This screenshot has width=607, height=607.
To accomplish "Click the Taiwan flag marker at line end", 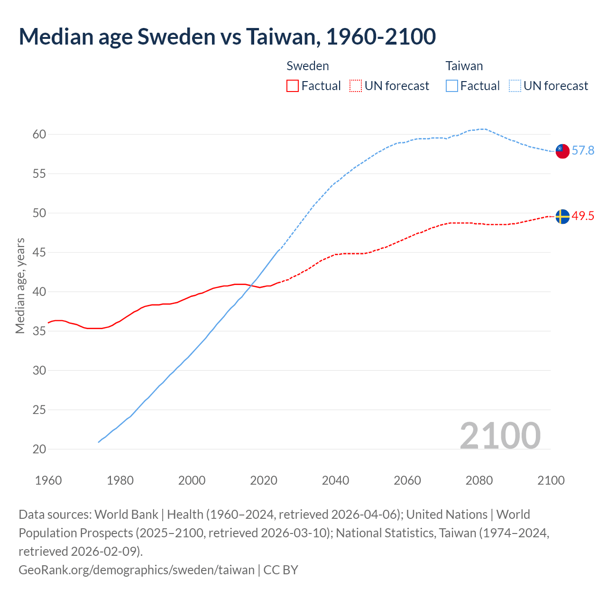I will (562, 151).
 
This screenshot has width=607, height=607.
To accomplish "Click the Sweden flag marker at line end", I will (562, 216).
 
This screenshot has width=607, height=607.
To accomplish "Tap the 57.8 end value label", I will (583, 151).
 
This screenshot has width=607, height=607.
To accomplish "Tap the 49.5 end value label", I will (583, 216).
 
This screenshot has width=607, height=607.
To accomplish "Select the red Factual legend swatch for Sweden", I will (293, 86).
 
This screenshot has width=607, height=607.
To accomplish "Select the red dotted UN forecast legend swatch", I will (356, 86).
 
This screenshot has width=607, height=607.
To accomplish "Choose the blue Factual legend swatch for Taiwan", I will (452, 86).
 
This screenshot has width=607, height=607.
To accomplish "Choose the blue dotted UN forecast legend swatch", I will (515, 86).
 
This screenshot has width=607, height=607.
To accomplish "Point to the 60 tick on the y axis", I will (39, 135).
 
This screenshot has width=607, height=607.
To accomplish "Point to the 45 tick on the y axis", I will (39, 253).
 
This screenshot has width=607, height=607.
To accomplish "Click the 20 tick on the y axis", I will (39, 449).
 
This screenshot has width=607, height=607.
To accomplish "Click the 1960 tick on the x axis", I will (48, 480).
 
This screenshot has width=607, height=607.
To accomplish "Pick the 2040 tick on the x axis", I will (335, 480).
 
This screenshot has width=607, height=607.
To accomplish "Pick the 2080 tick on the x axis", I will (479, 480).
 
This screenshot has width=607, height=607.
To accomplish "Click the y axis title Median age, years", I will (20, 286).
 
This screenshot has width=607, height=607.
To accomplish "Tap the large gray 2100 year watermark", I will (500, 436).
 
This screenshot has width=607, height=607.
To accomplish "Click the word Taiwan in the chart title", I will (281, 37).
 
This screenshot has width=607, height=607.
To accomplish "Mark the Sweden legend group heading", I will (308, 66).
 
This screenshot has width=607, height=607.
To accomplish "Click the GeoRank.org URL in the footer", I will (137, 570).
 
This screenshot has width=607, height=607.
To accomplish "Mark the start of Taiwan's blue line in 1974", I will (99, 442).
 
